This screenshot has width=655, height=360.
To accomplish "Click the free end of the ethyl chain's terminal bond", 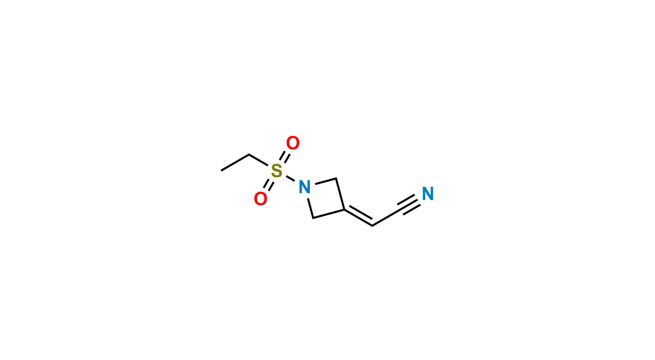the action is coord(221,171).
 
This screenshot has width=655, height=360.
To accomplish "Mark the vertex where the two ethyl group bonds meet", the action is coord(249,155).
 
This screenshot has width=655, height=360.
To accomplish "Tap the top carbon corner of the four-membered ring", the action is coord(336,178).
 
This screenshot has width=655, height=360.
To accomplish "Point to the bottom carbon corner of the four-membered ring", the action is coord(313,218).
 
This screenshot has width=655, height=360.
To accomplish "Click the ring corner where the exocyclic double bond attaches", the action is coord(344,210).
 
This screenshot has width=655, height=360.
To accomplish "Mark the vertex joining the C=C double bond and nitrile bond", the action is coord(372,226).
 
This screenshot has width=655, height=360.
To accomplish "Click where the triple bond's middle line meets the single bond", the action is coord(401,210).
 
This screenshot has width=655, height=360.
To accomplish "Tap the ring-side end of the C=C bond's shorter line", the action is coord(350,206).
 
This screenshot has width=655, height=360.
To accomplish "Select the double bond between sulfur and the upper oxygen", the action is coord(285,157).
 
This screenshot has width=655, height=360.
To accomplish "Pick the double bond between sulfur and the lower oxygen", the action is coord(269,185).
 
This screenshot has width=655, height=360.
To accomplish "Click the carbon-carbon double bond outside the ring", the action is coord(359,217).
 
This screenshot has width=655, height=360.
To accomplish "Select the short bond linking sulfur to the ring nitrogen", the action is coord(290,179).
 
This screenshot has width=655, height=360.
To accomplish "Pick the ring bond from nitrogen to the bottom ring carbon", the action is coord(310,208).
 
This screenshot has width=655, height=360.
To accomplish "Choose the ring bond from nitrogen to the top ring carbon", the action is coord(326,181).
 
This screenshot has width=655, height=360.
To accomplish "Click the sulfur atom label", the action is coord(277,171).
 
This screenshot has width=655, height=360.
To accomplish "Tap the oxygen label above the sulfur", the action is coord(293,143).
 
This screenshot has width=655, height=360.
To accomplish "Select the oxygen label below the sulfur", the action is coord(261,199).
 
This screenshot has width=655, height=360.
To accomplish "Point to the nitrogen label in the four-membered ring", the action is coord(305,187).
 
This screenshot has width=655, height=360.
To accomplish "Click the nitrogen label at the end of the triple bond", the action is coord(428,194).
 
